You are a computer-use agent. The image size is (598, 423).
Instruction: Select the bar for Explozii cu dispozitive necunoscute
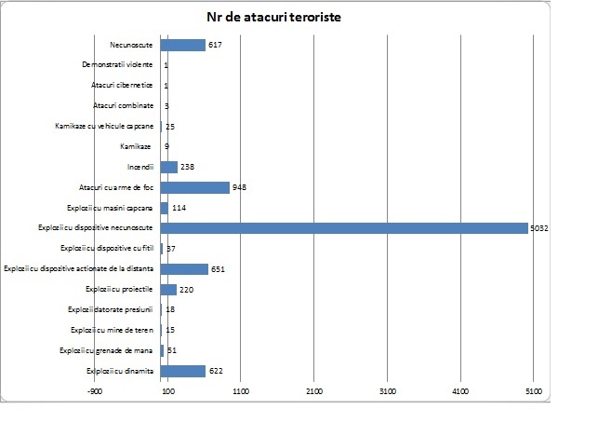click(344, 228)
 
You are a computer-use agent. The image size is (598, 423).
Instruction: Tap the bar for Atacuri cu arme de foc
click(194, 187)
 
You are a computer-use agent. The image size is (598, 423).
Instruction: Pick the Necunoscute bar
click(182, 45)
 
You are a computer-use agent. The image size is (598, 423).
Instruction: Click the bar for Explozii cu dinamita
click(182, 371)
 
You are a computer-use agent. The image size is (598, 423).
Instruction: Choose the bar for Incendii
click(168, 167)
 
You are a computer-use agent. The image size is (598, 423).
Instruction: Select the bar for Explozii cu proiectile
click(167, 290)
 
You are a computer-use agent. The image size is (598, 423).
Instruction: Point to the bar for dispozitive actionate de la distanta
click(184, 269)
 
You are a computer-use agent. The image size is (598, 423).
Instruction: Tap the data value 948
click(240, 187)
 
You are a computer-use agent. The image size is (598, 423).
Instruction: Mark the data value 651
click(219, 269)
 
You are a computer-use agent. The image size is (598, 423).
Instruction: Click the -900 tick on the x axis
click(94, 392)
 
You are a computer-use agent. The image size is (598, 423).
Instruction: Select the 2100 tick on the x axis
click(314, 392)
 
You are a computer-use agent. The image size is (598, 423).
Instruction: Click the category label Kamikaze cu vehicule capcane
click(107, 126)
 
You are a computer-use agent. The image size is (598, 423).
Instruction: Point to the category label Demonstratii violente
click(117, 65)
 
